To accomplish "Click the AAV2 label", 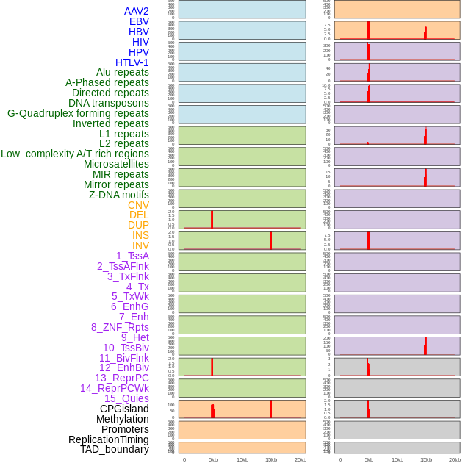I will (137, 11).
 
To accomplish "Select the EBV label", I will (139, 21).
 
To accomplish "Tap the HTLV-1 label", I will (132, 62).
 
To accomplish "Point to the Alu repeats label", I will (123, 72).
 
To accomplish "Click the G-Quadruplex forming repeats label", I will (78, 113).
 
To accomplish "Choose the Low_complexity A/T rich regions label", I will (75, 154).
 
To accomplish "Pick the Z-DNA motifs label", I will (119, 195).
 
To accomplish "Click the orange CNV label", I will (138, 205).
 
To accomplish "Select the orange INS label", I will (140, 235).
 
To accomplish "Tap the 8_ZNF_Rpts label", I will (120, 327).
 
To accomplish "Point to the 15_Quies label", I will (126, 398).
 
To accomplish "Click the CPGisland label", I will (124, 409).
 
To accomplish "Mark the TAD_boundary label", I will (115, 449).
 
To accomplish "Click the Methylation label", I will (123, 419).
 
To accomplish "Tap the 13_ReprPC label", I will (121, 378).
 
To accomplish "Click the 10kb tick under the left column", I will (242, 459).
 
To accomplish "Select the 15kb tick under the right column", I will (426, 459).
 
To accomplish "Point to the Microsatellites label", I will (116, 164).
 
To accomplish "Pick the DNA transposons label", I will (109, 103).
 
